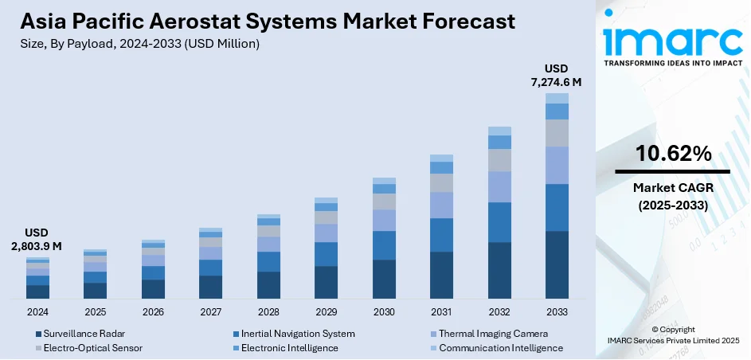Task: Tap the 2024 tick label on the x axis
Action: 37,311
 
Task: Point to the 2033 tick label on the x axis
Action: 557,311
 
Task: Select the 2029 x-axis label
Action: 326,311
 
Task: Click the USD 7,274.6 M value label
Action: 557,74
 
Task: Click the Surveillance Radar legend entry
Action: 84,334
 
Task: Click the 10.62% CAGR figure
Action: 673,155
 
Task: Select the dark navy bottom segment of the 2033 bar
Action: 557,264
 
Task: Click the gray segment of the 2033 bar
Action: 557,133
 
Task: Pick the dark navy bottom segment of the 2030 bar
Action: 384,279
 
